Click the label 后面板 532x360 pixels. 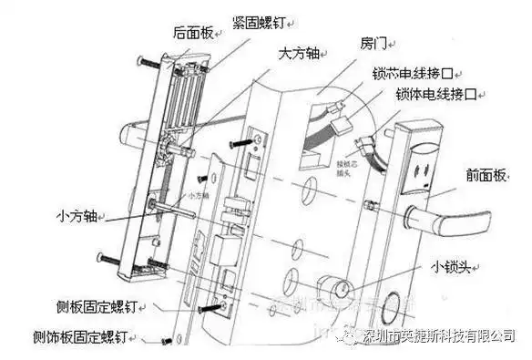click(x=191, y=33)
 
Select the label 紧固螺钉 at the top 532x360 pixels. click(x=265, y=19)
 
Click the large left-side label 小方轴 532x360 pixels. click(x=76, y=218)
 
